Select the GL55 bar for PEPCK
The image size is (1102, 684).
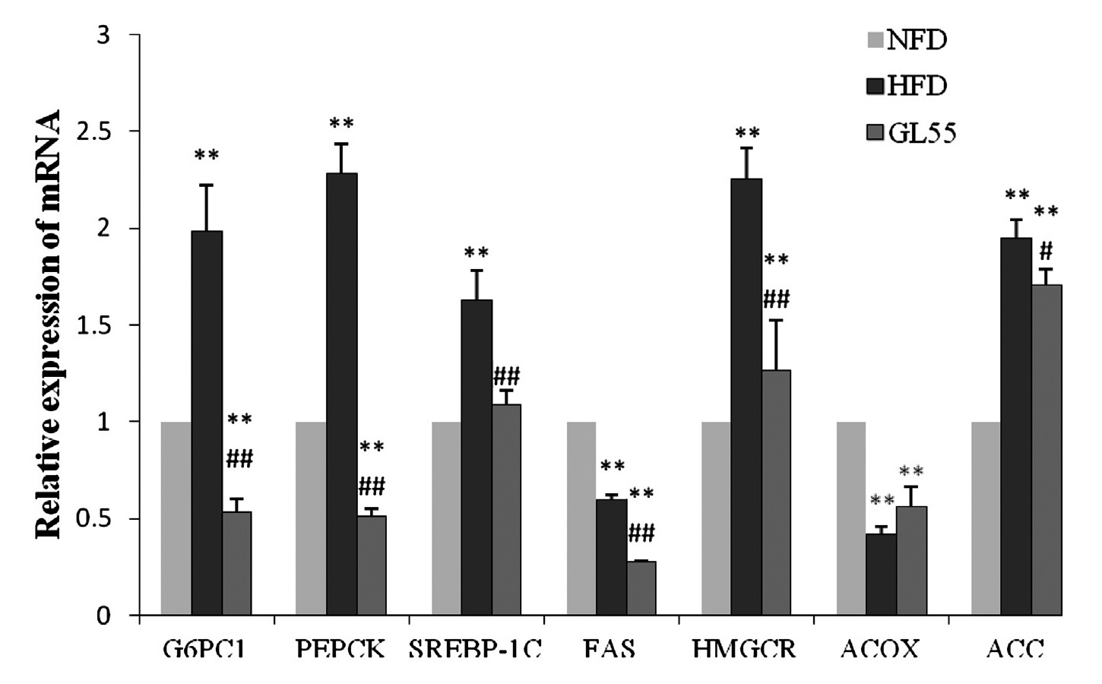[372, 565]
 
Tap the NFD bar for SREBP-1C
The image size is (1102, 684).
[446, 518]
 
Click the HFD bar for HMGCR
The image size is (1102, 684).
[746, 397]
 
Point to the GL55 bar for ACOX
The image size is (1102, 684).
[911, 561]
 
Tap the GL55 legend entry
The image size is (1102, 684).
[911, 133]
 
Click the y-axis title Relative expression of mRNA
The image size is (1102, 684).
[50, 325]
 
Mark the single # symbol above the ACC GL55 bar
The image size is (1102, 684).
[1047, 251]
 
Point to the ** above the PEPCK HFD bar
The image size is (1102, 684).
[341, 123]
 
